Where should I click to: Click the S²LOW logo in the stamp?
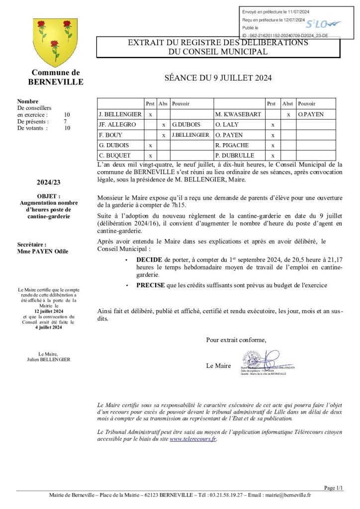[x=323, y=24]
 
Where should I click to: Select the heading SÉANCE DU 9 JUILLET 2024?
[x=218, y=78]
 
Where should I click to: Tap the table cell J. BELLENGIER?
[x=120, y=114]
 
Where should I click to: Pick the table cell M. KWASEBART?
[x=238, y=114]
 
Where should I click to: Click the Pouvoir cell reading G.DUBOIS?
[x=185, y=125]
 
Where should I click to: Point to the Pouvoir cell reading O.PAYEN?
[x=311, y=114]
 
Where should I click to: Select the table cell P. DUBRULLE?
[x=235, y=156]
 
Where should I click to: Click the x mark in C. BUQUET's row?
[x=150, y=156]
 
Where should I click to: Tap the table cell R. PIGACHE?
[x=232, y=145]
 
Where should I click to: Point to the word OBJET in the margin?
[x=48, y=196]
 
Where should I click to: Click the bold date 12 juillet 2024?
[x=49, y=311]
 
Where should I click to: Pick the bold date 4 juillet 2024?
[x=49, y=328]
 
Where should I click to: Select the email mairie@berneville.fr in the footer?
[x=288, y=495]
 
